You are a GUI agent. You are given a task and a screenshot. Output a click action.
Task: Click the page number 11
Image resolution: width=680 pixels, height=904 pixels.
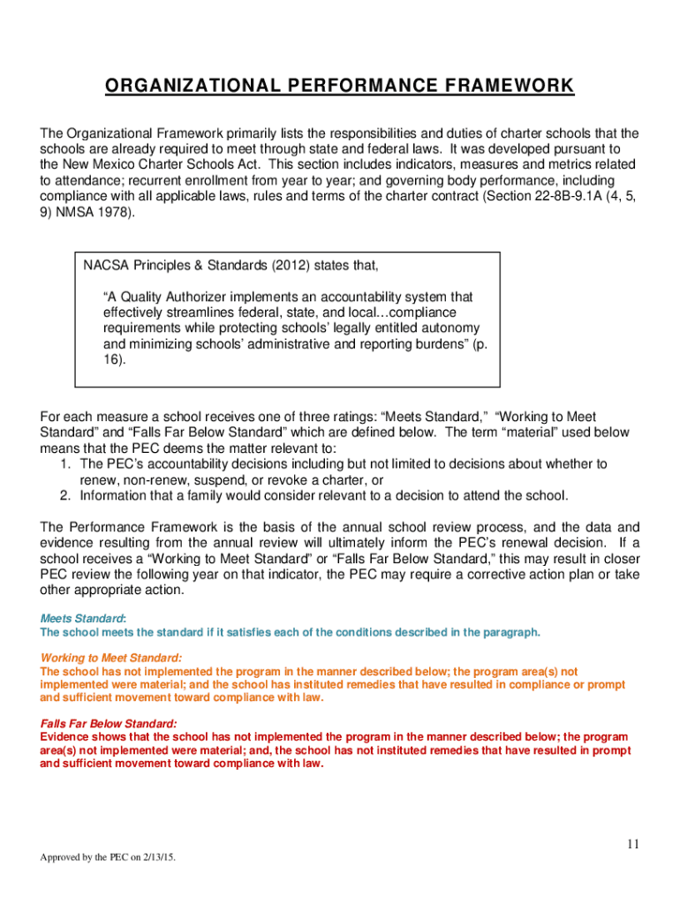pyautogui.click(x=632, y=844)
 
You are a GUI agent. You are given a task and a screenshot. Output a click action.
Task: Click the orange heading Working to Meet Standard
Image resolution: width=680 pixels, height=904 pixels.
pyautogui.click(x=111, y=658)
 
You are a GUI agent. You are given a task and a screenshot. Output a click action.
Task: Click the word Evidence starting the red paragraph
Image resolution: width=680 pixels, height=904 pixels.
pyautogui.click(x=68, y=736)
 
